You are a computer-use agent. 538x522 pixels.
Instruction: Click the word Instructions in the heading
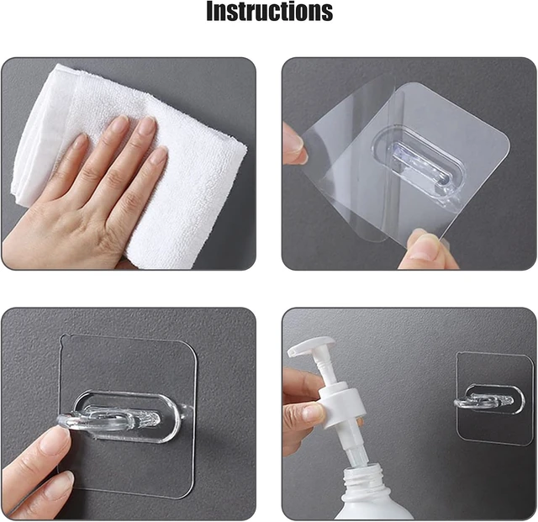[269, 11]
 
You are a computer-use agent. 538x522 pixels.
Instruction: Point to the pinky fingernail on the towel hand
[80, 141]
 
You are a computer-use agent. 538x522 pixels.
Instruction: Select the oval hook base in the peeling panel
[419, 159]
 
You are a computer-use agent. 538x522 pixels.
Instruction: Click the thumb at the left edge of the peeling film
[294, 144]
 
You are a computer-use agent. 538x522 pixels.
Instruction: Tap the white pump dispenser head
[311, 346]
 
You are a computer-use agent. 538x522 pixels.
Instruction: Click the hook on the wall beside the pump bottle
[484, 400]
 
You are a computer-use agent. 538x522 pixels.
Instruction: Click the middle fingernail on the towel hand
[148, 125]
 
